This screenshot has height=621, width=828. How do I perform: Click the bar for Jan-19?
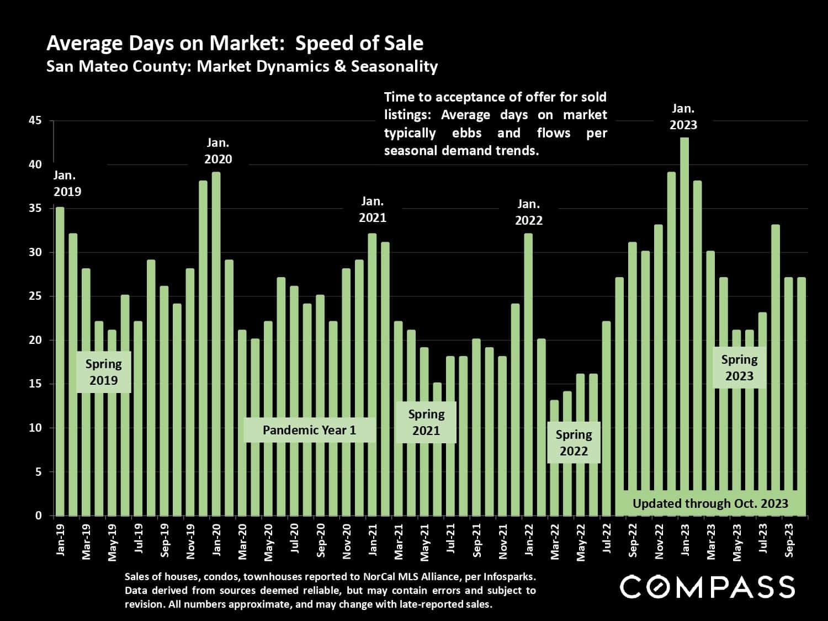point(60,362)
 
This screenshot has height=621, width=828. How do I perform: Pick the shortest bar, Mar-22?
point(554,458)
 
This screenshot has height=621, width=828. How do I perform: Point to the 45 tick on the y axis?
point(35,121)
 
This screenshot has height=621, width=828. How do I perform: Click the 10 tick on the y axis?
point(35,428)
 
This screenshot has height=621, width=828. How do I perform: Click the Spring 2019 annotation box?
point(103,372)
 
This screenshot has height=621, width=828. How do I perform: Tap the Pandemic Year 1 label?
point(309,430)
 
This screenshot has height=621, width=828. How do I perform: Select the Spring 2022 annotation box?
point(574,443)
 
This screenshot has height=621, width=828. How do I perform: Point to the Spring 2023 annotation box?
point(739,368)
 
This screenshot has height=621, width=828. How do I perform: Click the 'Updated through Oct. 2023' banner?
point(710,503)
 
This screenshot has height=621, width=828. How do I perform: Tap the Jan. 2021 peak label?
point(373,210)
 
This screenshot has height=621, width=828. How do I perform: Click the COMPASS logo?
point(707,587)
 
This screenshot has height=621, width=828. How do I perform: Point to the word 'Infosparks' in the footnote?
point(509,577)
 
